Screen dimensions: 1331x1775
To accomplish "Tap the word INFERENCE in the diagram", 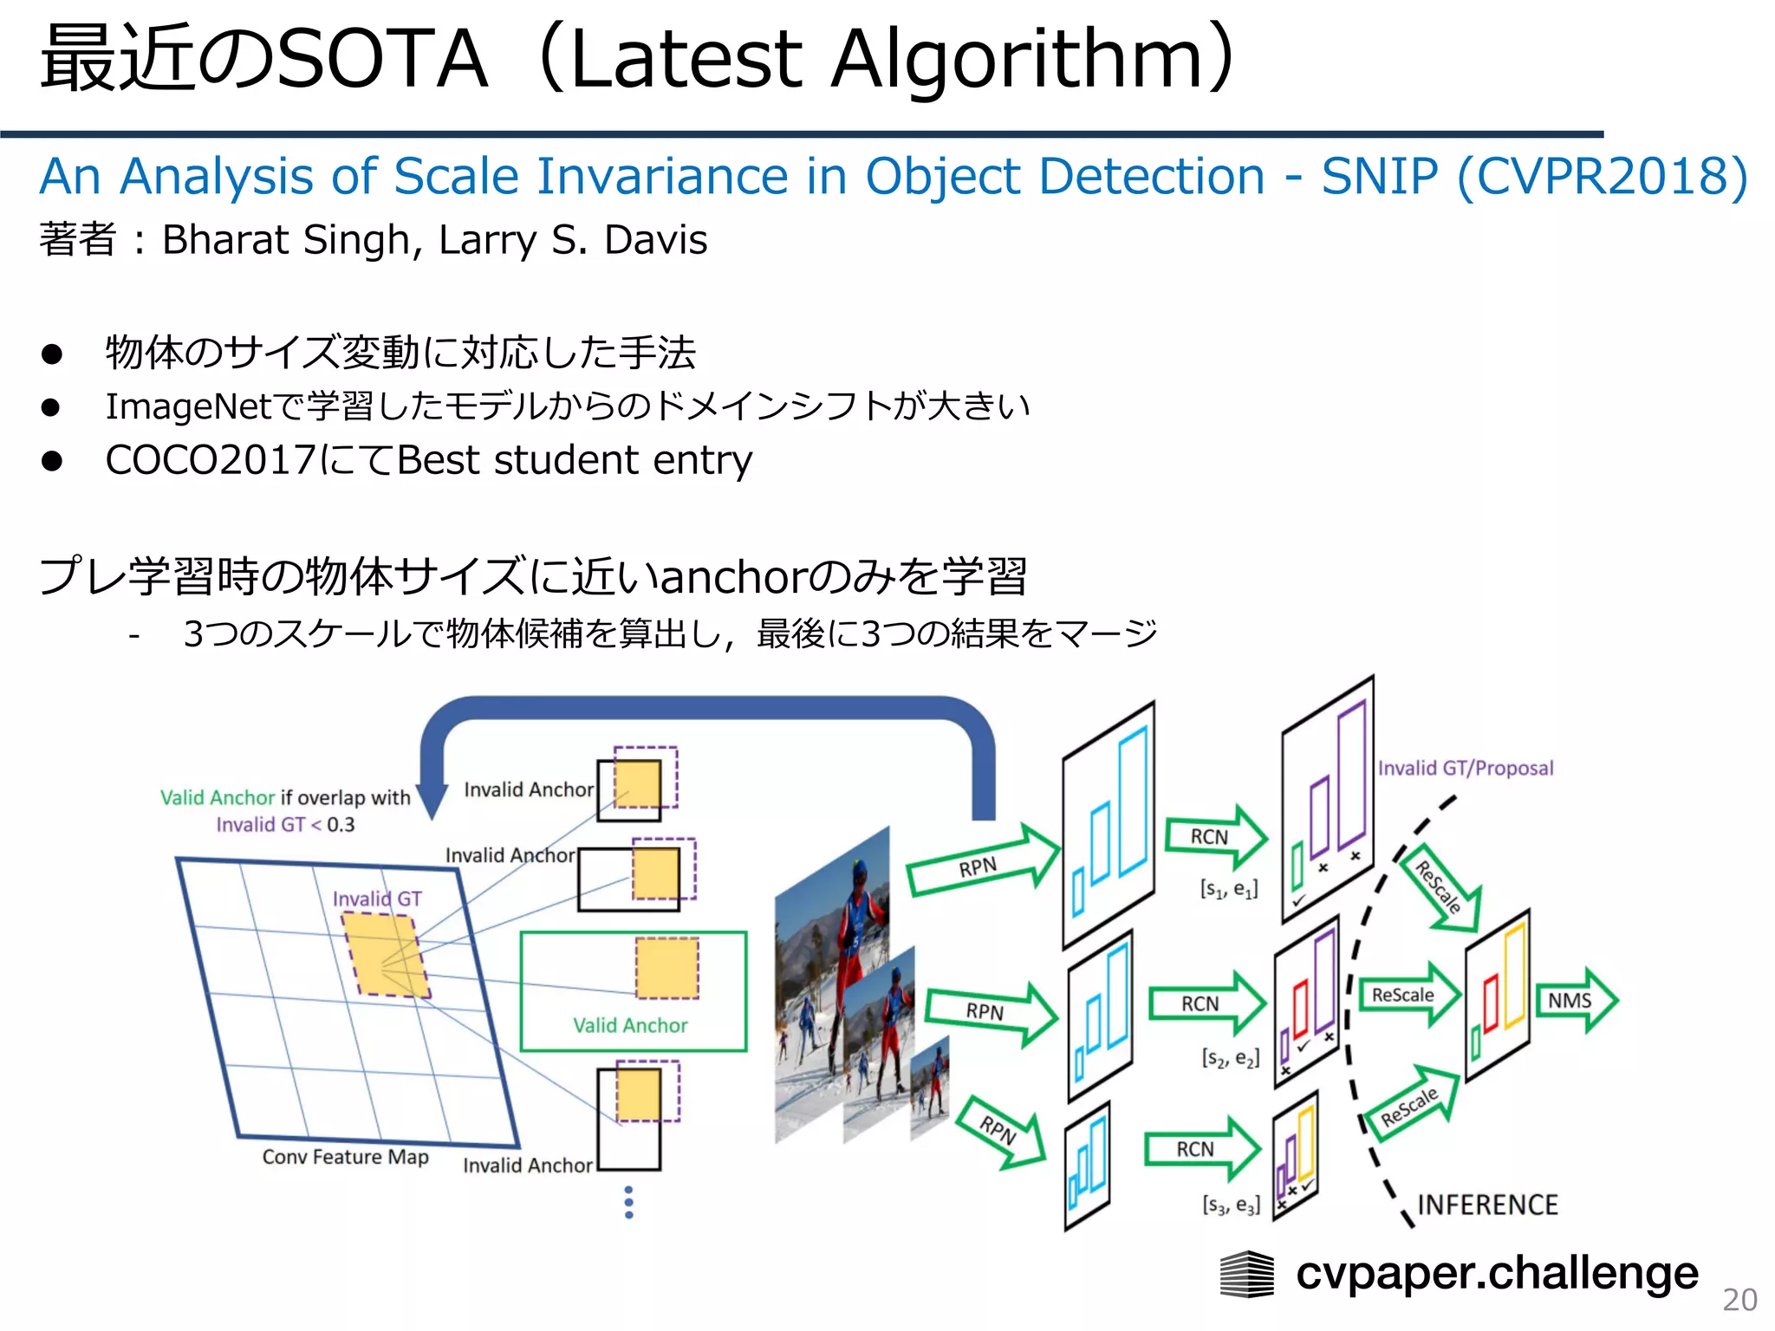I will [1487, 1205].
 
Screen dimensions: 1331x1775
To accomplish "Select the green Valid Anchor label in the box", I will [630, 1026].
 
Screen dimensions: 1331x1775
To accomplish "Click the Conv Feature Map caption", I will [345, 1158].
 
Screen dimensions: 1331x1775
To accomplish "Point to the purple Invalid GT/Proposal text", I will [1466, 769].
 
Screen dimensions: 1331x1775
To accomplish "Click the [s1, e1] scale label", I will [1228, 889].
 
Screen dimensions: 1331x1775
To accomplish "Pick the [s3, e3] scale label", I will [1231, 1205].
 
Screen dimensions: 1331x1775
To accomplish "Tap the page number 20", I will [1739, 1300].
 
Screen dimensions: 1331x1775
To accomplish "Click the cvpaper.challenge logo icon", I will [1246, 1275].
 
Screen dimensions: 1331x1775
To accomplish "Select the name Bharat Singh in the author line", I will [286, 240].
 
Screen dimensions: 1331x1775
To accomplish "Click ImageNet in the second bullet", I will [189, 406].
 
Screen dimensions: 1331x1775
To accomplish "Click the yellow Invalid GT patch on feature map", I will [386, 953].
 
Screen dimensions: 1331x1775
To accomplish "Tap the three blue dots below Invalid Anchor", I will [629, 1203].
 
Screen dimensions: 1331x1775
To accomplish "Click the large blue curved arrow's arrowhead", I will [432, 801].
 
